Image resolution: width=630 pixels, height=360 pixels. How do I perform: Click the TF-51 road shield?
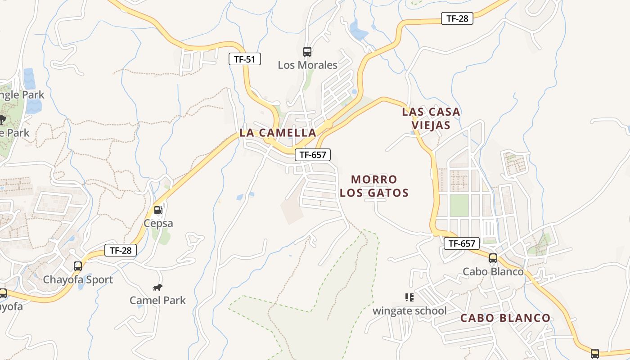(245, 59)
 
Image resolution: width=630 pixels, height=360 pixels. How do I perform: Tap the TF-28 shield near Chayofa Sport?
(121, 250)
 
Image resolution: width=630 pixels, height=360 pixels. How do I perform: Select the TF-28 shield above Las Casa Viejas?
(457, 18)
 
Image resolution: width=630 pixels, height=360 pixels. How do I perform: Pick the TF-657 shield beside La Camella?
(313, 155)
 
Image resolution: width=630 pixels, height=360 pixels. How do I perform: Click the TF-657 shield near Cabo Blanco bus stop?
(462, 243)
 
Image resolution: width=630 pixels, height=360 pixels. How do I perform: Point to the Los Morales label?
(307, 65)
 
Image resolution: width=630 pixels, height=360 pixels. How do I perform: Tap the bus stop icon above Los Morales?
(307, 51)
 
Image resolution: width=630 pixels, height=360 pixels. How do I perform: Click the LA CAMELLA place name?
(278, 133)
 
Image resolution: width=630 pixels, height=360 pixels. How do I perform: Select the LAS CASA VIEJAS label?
(431, 118)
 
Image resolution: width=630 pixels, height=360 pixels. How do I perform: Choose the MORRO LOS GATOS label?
(374, 186)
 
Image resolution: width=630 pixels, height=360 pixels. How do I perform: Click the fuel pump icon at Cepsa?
(158, 210)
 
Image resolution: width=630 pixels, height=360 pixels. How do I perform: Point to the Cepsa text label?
(158, 223)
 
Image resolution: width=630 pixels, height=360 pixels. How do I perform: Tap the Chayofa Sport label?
(78, 279)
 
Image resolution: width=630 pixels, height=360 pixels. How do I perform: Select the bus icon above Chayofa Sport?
(78, 266)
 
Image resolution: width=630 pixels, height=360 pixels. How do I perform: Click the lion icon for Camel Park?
(157, 287)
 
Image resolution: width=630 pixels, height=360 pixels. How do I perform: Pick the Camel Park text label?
(157, 300)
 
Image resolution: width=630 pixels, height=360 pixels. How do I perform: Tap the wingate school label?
(409, 310)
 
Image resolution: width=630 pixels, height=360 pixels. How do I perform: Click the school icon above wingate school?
(409, 297)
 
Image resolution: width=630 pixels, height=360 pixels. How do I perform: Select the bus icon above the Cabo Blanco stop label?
(493, 258)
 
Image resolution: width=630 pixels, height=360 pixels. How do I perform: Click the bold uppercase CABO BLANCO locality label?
(505, 318)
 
